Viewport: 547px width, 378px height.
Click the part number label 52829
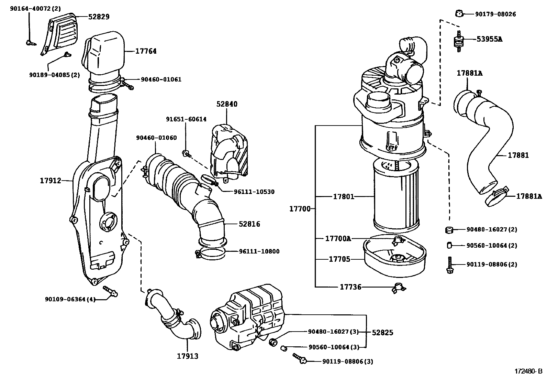[99, 17]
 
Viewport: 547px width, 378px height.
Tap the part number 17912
[50, 180]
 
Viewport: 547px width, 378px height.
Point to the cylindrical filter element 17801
[395, 198]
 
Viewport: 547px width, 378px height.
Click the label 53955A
[489, 39]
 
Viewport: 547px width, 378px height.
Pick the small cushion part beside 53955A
[458, 42]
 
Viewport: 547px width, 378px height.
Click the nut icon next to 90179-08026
[458, 13]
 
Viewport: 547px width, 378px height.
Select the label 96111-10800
[259, 251]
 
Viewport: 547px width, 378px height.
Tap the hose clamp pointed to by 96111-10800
[210, 254]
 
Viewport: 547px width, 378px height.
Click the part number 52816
[249, 224]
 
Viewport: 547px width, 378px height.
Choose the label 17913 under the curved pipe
[188, 356]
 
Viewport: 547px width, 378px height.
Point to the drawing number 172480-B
[528, 371]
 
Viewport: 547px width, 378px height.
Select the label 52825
[382, 332]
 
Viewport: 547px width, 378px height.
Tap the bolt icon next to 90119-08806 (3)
[300, 358]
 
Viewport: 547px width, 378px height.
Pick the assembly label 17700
[300, 208]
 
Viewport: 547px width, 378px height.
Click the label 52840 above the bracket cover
[227, 104]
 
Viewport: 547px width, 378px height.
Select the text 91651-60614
[186, 119]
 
